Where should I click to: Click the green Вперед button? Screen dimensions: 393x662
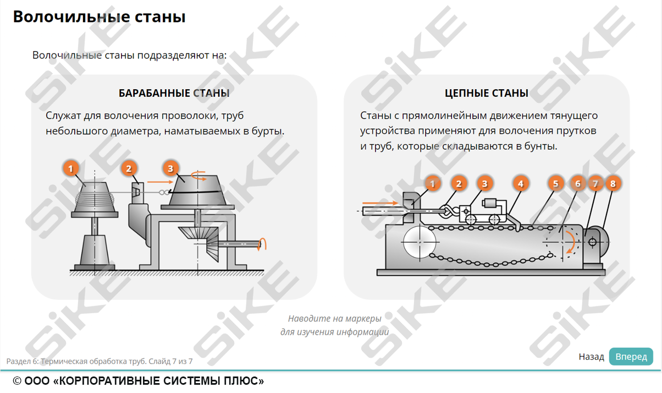click(631, 357)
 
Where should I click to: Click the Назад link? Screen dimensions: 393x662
click(591, 357)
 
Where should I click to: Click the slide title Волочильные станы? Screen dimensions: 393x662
click(99, 17)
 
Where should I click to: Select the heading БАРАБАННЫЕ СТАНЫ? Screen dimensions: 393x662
click(174, 93)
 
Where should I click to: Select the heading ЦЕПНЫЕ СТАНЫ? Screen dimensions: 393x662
click(487, 93)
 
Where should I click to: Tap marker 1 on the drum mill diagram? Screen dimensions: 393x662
click(71, 168)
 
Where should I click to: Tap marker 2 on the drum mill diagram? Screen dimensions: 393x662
click(129, 168)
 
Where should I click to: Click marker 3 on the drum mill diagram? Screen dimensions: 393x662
click(170, 168)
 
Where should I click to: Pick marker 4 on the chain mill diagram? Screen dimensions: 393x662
click(520, 183)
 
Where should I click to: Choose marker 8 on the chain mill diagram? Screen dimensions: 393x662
click(613, 183)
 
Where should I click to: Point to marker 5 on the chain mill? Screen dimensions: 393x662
click(556, 183)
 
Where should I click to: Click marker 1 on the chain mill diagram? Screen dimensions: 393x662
click(433, 183)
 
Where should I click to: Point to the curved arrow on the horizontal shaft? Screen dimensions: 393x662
click(264, 243)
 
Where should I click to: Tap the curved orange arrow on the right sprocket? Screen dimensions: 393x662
click(572, 243)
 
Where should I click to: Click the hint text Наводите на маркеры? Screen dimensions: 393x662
click(334, 319)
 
